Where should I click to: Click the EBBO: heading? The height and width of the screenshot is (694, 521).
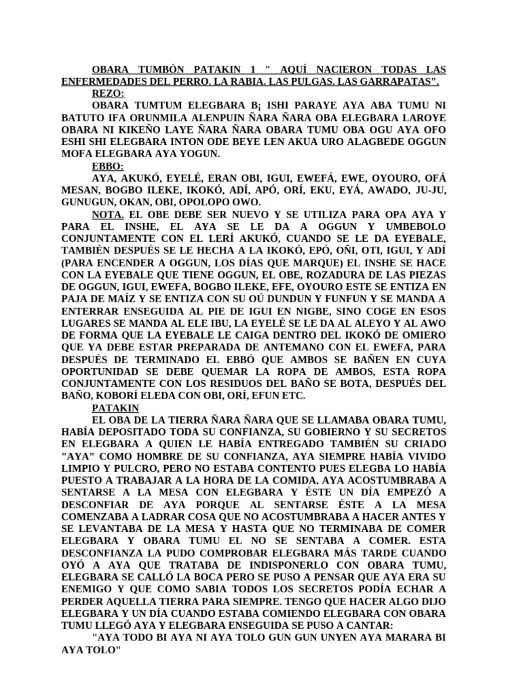[108, 166]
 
